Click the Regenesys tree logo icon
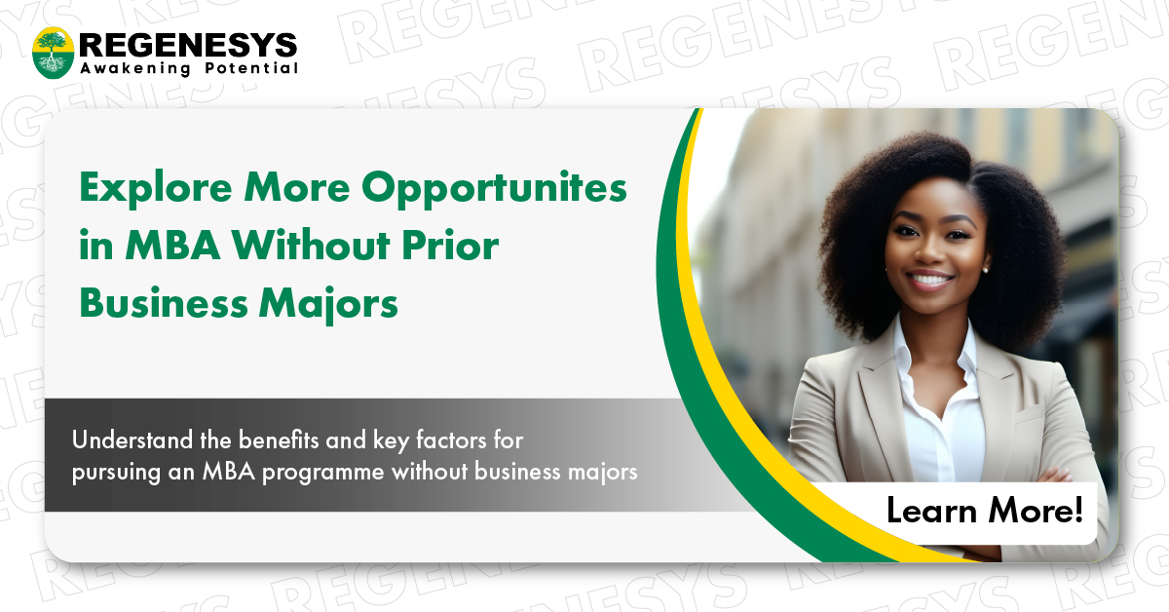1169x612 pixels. pos(53,53)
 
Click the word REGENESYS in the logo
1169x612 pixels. pos(188,43)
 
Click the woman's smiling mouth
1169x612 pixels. pos(932,281)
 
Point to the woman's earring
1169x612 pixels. pos(985,269)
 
